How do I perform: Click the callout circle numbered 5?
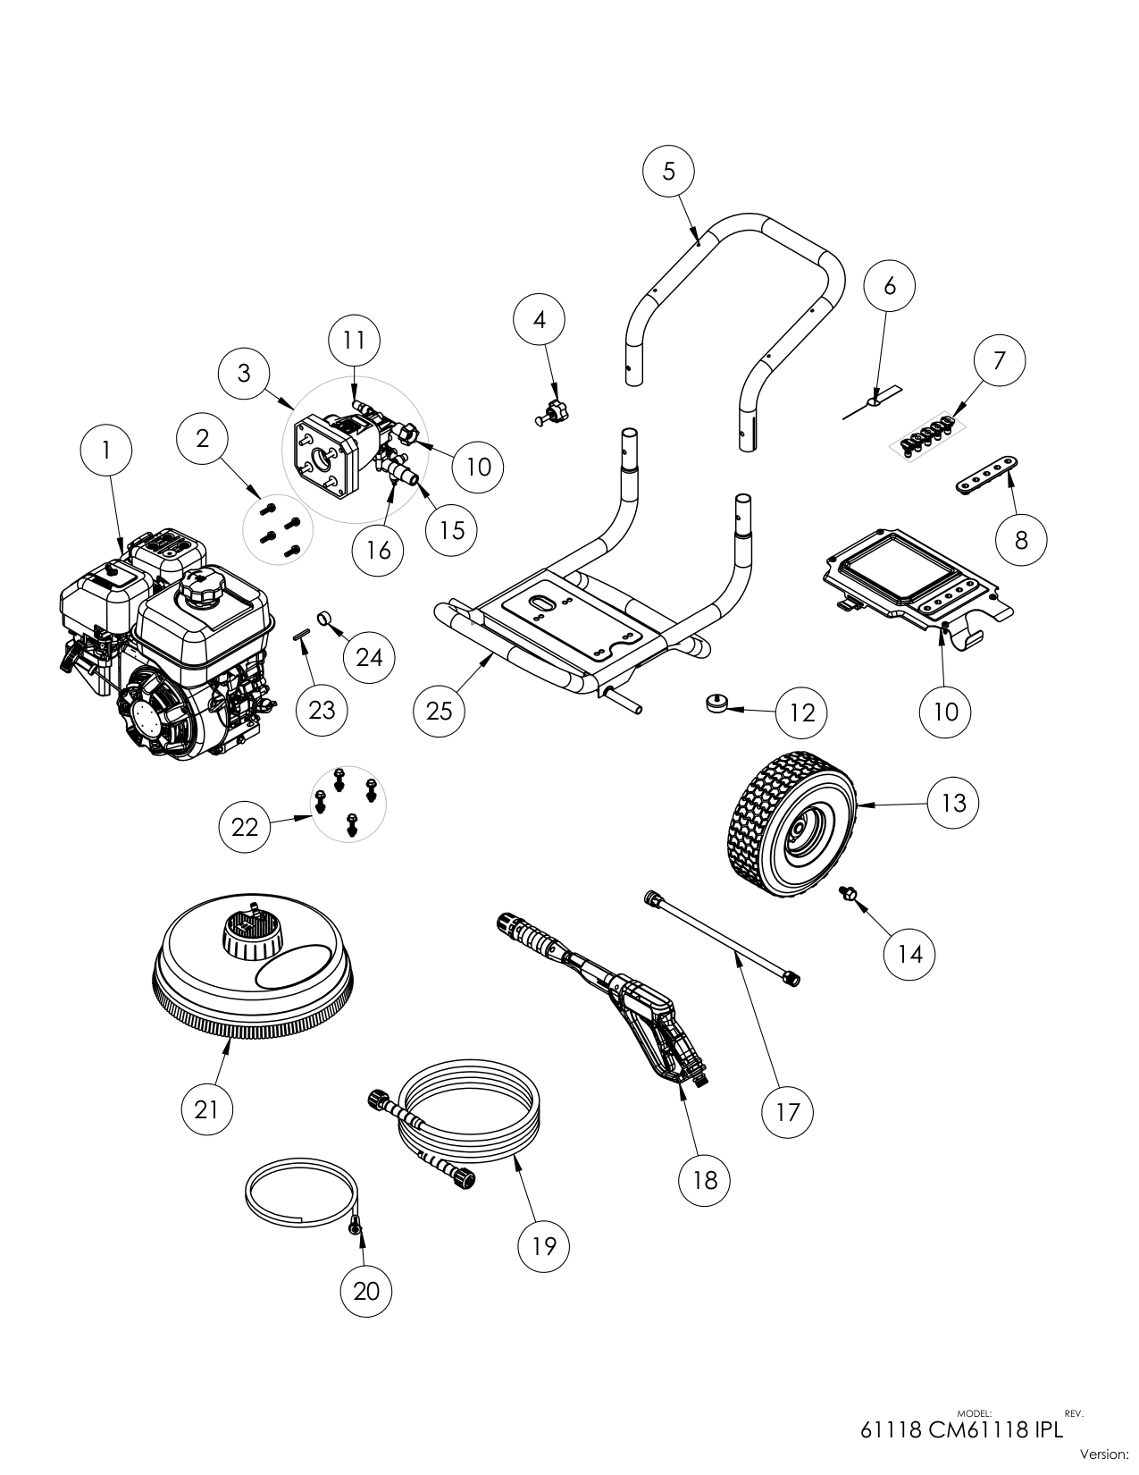click(x=669, y=171)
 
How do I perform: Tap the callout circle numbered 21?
click(x=206, y=1109)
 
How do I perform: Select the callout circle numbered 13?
click(x=953, y=803)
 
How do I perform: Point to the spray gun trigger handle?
click(x=672, y=1037)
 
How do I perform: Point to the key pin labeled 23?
click(x=302, y=636)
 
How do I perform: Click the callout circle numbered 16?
click(x=380, y=549)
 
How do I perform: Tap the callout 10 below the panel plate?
click(x=945, y=711)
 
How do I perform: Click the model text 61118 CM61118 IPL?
click(x=961, y=1429)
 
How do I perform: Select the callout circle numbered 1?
click(x=106, y=451)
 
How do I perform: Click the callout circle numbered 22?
click(x=245, y=827)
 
